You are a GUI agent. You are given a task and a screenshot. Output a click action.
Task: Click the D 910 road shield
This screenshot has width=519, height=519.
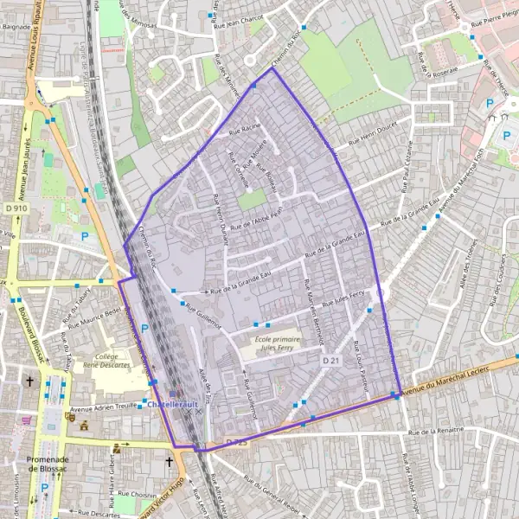point(15,208)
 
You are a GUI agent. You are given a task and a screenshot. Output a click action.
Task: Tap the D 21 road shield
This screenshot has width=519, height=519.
point(330,360)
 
